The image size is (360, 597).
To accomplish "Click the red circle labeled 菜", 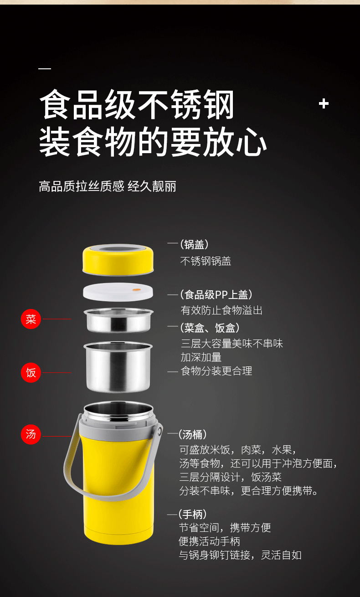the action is (31, 319).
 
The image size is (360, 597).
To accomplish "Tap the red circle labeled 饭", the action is (31, 373).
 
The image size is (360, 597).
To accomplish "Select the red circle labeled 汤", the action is (31, 434).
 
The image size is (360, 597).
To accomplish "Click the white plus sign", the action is (324, 103).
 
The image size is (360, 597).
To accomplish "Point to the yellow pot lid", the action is (118, 260).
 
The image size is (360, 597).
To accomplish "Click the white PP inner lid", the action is (118, 292).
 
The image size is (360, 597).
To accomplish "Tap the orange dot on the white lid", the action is (137, 290).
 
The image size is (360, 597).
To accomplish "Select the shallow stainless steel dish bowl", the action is (118, 320).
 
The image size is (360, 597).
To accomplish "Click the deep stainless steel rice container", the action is (118, 367).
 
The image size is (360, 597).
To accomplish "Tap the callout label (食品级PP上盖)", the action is (216, 294).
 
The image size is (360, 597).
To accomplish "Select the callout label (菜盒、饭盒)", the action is (210, 328).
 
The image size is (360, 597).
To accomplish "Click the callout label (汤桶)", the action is (193, 434).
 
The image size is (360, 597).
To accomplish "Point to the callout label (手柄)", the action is (193, 515).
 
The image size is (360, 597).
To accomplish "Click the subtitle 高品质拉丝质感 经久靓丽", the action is (108, 186).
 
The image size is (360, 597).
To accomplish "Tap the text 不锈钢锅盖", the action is (206, 261).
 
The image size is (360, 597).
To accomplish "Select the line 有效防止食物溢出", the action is (221, 310).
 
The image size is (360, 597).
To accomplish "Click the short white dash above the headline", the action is (45, 69).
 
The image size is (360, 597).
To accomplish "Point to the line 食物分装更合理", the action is (216, 371).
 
